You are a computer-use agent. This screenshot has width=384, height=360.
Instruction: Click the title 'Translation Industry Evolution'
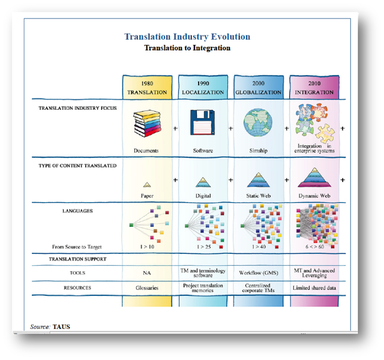(187, 37)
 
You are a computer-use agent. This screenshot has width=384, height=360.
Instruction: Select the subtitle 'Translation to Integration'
(187, 48)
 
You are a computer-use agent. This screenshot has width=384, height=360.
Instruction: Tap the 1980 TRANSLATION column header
(147, 88)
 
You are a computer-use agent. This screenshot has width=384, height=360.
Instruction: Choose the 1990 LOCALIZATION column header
(203, 88)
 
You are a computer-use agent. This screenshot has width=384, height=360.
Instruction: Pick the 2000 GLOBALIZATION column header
(258, 88)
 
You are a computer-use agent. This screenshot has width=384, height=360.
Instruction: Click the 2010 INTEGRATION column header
(314, 88)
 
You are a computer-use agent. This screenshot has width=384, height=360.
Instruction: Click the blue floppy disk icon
(203, 124)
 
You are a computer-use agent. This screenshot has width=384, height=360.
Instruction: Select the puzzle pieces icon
(314, 124)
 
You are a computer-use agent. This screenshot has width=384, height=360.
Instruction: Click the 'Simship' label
(258, 151)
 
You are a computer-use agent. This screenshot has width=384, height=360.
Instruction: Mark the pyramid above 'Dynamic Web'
(314, 178)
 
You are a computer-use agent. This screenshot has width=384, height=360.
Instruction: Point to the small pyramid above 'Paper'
(147, 185)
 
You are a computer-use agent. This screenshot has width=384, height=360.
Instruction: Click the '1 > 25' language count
(203, 247)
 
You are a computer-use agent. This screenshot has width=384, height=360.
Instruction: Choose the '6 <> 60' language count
(314, 247)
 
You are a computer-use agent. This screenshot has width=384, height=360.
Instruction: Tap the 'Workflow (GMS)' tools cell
(258, 273)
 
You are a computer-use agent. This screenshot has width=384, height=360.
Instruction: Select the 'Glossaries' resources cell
(147, 288)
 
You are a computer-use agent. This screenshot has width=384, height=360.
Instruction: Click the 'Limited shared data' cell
(314, 288)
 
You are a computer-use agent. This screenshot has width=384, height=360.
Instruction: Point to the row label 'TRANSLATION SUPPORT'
(77, 259)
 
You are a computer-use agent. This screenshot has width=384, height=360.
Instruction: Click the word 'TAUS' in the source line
(61, 327)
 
